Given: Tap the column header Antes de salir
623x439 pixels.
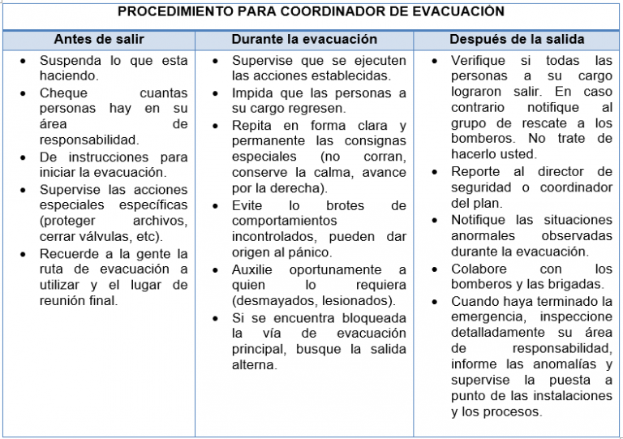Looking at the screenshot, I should tap(98, 39).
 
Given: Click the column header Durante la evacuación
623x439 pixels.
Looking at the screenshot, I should tap(304, 39).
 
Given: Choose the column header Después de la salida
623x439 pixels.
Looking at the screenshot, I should tap(517, 39).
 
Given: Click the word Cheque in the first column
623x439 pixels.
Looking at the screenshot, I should tap(63, 93).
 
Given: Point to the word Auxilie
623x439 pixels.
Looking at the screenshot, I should tap(253, 269).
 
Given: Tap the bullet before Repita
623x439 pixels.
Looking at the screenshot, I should tap(215, 125).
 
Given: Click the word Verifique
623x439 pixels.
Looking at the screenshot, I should tap(479, 61).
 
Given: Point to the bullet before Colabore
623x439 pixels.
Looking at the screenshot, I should tap(436, 269).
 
